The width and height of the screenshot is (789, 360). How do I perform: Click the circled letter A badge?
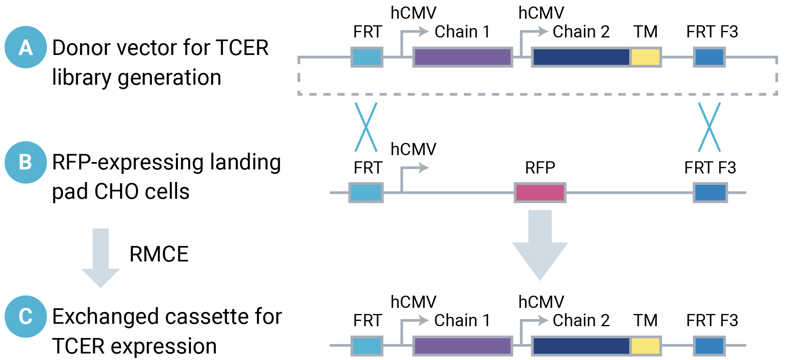click(x=26, y=47)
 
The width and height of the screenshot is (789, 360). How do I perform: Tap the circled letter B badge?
click(x=26, y=162)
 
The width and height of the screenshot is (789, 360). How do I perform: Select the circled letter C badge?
click(x=26, y=316)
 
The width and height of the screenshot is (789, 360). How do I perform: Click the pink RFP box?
click(x=540, y=193)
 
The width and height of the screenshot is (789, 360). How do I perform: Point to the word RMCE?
click(x=159, y=254)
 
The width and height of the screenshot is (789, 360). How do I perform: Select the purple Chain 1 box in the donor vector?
click(x=462, y=57)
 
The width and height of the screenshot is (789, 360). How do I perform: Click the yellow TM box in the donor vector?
click(x=645, y=57)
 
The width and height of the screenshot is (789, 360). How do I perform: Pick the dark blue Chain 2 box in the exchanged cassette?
click(x=581, y=346)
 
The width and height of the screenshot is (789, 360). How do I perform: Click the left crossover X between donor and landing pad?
click(x=366, y=127)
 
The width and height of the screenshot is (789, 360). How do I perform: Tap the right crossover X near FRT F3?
click(x=709, y=127)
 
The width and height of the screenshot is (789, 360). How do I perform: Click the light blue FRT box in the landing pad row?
click(x=366, y=193)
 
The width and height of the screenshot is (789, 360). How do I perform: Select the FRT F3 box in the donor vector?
click(x=709, y=57)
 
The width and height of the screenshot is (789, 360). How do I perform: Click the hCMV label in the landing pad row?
click(x=413, y=149)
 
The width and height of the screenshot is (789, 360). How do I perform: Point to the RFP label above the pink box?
click(x=540, y=168)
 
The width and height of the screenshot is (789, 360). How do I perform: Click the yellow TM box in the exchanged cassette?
click(x=645, y=346)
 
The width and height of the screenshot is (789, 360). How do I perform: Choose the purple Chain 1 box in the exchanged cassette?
click(x=462, y=346)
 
